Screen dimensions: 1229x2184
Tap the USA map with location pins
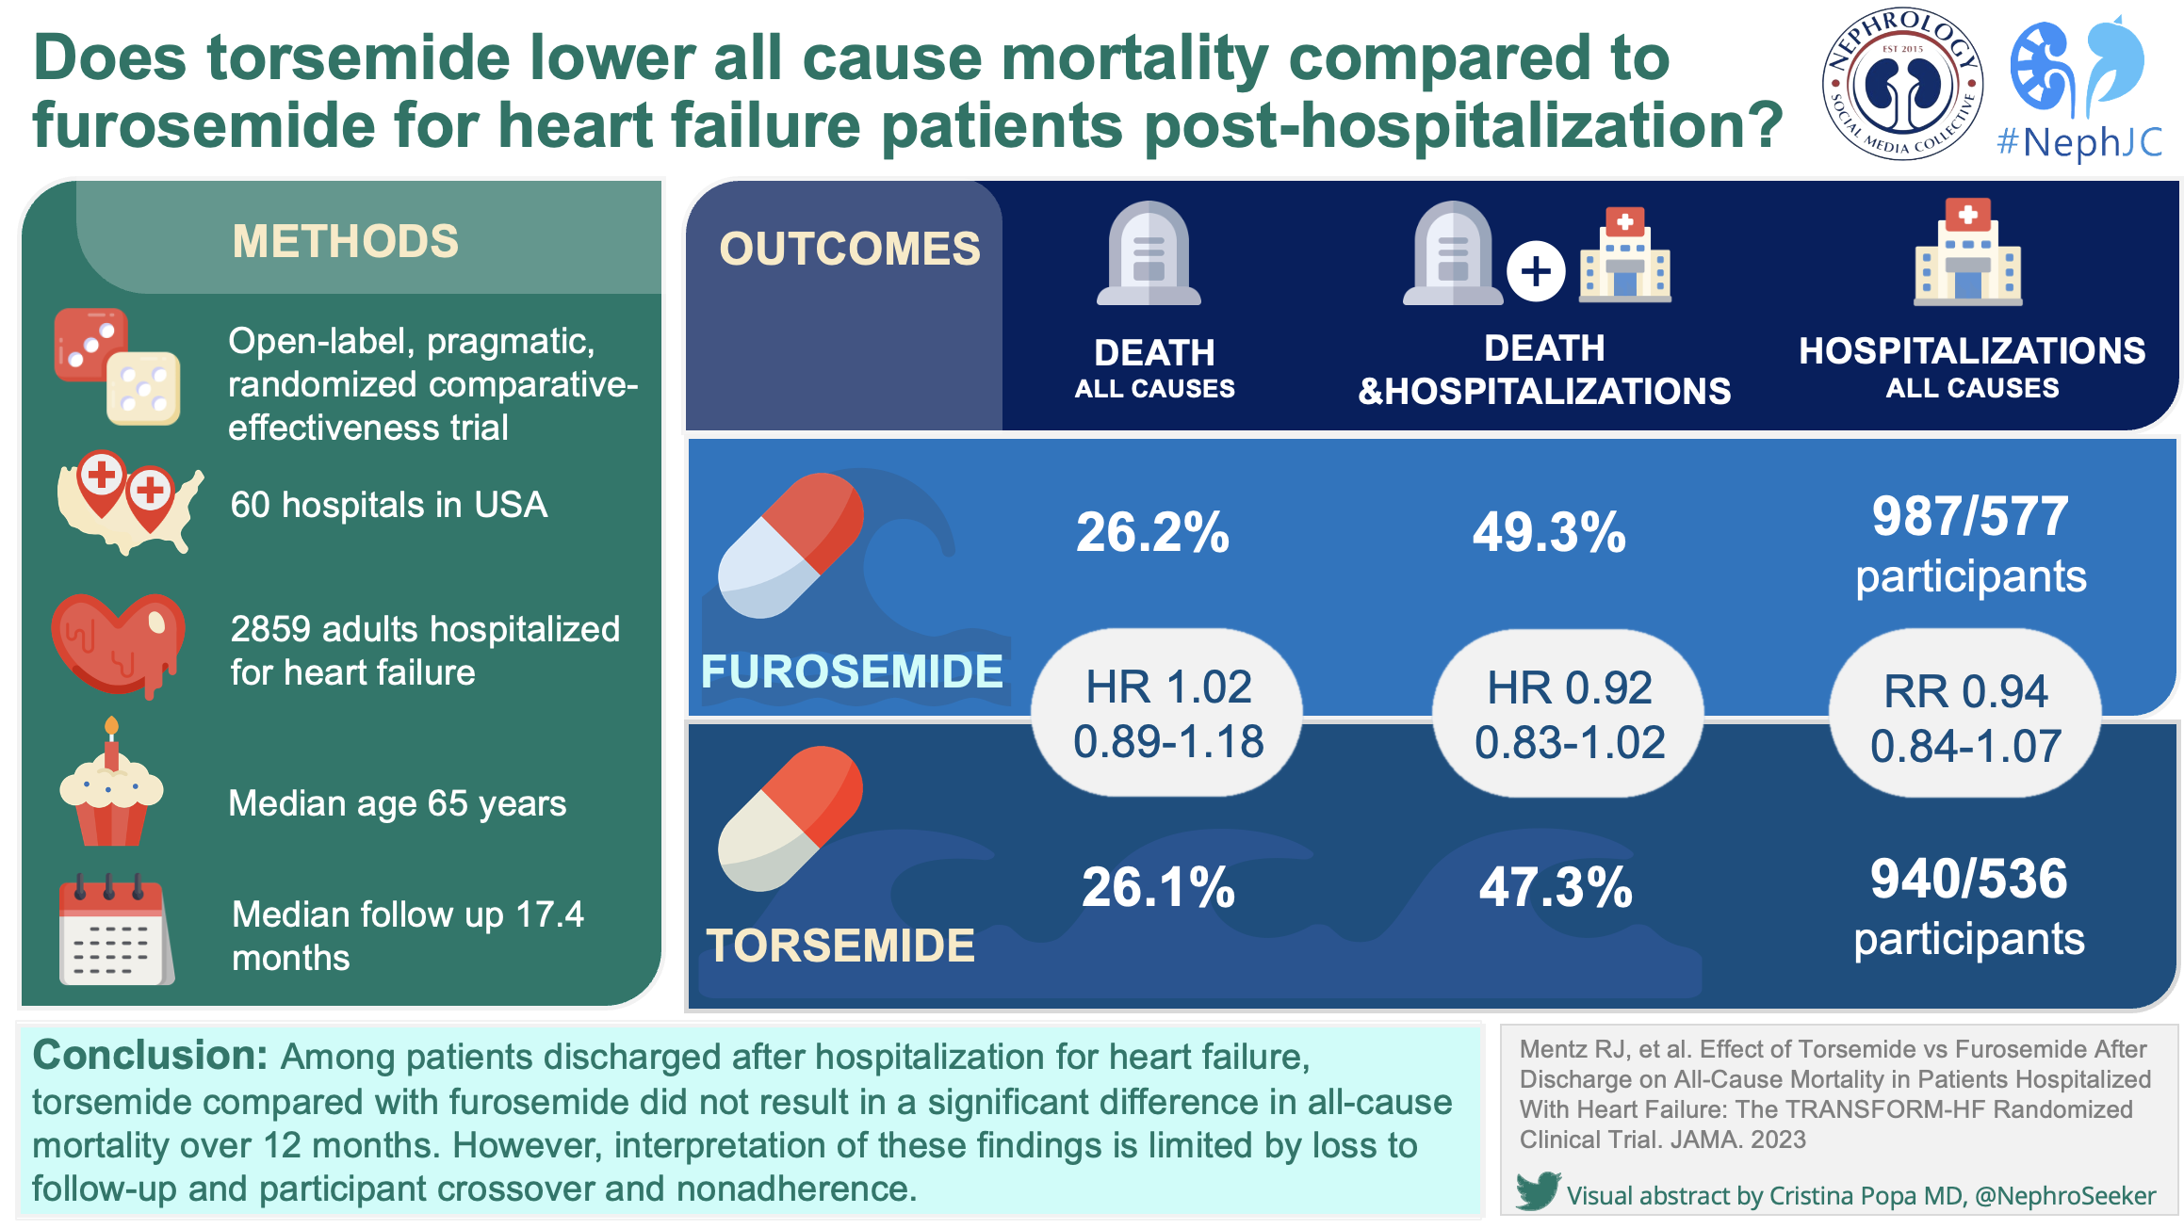click(x=128, y=502)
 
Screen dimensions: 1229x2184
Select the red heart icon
click(x=118, y=644)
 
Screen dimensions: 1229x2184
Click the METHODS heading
click(x=345, y=241)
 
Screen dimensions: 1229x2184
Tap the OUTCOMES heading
click(x=849, y=249)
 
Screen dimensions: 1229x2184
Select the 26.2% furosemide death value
click(x=1152, y=532)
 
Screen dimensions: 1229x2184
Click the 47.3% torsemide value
click(x=1555, y=887)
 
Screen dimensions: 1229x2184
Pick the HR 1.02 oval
click(x=1167, y=713)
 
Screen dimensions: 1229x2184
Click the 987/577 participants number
click(x=1969, y=517)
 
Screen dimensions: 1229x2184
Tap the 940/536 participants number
click(x=1968, y=879)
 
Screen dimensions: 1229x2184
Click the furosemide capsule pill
click(x=790, y=545)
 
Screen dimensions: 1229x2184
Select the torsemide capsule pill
click(x=790, y=817)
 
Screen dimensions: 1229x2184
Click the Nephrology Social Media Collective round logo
click(x=1902, y=85)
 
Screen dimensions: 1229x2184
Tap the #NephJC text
click(x=2078, y=142)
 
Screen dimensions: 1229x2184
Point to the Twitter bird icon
click(x=1538, y=1191)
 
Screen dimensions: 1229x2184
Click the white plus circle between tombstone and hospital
click(x=1536, y=272)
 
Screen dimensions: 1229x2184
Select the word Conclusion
click(x=151, y=1056)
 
